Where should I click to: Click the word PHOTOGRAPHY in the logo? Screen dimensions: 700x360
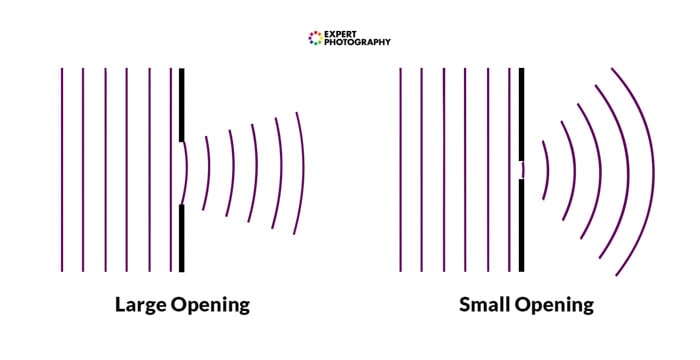pyautogui.click(x=358, y=43)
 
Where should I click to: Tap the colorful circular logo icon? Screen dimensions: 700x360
pyautogui.click(x=316, y=38)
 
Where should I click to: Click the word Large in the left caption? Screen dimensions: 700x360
pyautogui.click(x=140, y=304)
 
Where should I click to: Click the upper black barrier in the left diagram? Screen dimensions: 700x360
pyautogui.click(x=181, y=104)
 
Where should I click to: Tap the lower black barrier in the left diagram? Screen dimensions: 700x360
pyautogui.click(x=181, y=237)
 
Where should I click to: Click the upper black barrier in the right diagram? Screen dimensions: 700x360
pyautogui.click(x=522, y=113)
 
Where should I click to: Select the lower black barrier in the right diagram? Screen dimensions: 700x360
pyautogui.click(x=522, y=225)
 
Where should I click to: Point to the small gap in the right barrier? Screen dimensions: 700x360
pyautogui.click(x=522, y=170)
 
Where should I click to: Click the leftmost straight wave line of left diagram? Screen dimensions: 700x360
pyautogui.click(x=62, y=170)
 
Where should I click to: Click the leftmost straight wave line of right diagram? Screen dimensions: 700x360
pyautogui.click(x=400, y=170)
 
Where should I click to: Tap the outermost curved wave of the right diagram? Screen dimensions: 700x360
pyautogui.click(x=652, y=170)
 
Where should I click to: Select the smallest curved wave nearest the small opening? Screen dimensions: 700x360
pyautogui.click(x=547, y=170)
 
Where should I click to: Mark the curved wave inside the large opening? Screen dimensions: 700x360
pyautogui.click(x=186, y=172)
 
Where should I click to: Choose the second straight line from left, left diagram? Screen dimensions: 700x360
pyautogui.click(x=83, y=170)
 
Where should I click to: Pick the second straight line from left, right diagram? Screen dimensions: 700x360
pyautogui.click(x=422, y=170)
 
